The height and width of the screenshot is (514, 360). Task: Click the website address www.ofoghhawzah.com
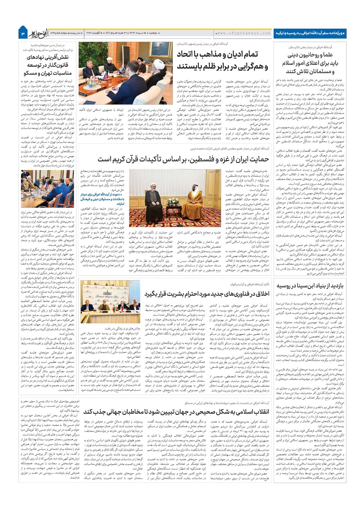[243, 33]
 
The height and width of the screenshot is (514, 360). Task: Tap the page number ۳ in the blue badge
[23, 33]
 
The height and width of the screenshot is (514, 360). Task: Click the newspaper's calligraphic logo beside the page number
[38, 32]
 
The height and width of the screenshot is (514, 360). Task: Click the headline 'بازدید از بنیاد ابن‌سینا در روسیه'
[310, 286]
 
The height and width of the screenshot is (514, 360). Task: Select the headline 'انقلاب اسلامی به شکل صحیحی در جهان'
[176, 412]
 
